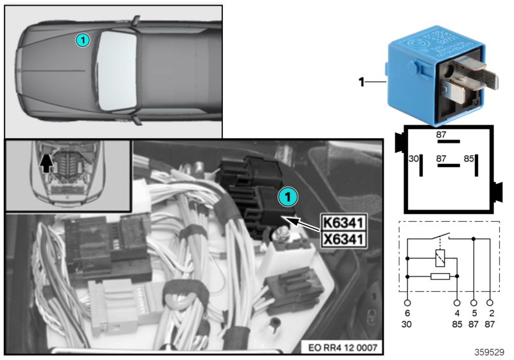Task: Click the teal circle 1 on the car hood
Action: [x=82, y=40]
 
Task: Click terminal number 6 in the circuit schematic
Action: [x=408, y=314]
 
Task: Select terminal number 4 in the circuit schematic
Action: [x=457, y=314]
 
